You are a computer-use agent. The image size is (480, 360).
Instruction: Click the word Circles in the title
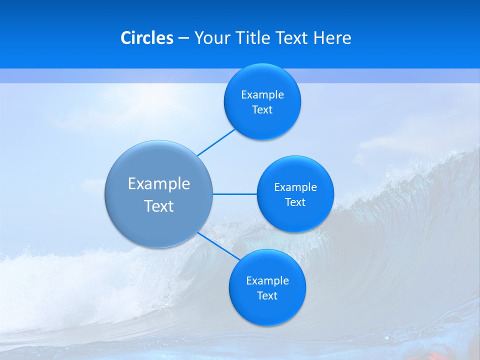click(146, 38)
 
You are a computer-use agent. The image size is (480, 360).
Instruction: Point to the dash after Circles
click(183, 38)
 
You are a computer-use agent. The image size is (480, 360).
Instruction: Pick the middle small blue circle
click(295, 217)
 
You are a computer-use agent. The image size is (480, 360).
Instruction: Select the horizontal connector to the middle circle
click(234, 194)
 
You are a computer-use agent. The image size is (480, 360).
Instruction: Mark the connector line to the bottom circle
click(219, 245)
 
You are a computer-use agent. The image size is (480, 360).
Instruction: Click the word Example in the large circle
click(159, 184)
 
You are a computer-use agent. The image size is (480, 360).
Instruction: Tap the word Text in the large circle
click(159, 206)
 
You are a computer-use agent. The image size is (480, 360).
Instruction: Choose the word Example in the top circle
click(262, 95)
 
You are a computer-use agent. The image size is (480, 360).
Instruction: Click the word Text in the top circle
click(262, 110)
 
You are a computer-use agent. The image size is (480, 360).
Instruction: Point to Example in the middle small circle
click(295, 187)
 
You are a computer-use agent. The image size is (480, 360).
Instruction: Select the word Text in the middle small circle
click(295, 202)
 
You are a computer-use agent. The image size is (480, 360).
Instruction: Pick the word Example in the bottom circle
click(267, 281)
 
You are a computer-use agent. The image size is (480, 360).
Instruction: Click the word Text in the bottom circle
click(267, 296)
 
